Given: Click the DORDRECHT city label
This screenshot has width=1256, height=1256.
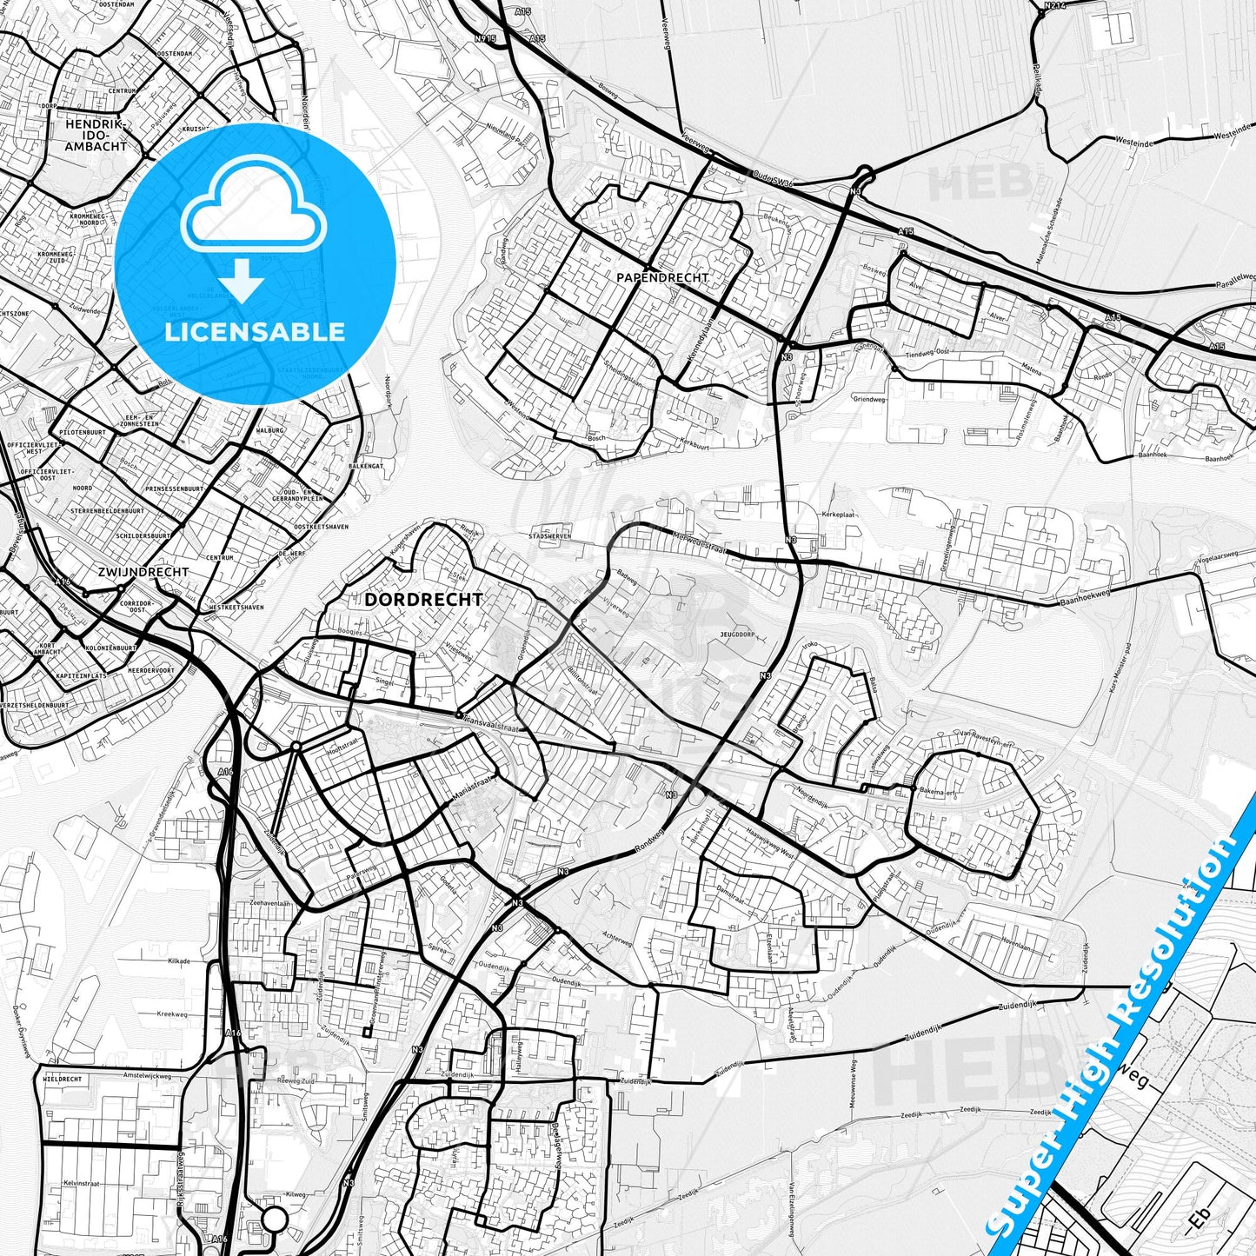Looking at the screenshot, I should click(423, 600).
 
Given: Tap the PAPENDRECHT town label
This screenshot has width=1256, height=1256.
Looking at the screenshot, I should click(662, 277).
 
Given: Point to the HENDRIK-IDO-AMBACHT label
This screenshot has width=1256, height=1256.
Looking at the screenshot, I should click(96, 136).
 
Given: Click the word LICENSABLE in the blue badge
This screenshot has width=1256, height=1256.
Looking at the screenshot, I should click(255, 332).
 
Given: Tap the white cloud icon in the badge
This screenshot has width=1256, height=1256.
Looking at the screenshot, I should click(253, 209).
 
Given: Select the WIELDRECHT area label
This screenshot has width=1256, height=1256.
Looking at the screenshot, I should click(63, 1079).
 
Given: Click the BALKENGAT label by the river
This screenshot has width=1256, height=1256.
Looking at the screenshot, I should click(366, 467).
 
